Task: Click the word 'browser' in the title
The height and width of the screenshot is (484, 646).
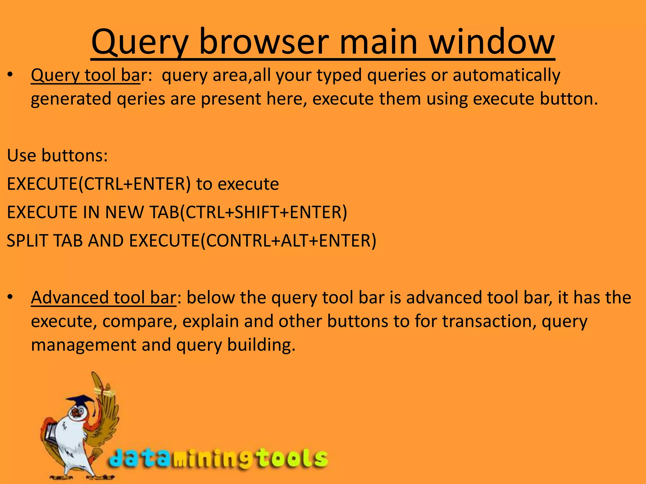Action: (264, 42)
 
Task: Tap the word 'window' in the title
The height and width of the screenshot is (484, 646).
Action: (492, 42)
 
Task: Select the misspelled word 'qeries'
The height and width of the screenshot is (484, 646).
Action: (141, 99)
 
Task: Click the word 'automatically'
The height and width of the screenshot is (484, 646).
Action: (506, 76)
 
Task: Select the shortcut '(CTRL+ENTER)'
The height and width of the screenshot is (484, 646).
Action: (135, 184)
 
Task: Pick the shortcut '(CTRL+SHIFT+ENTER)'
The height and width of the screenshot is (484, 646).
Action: (263, 212)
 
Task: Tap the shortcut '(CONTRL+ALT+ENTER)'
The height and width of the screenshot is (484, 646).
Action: (289, 241)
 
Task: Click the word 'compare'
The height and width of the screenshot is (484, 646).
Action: (139, 322)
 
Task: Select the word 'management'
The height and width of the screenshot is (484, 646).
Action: (84, 345)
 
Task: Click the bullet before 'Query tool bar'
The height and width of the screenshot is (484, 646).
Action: (10, 76)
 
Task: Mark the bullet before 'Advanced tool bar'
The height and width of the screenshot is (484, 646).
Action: (10, 298)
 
